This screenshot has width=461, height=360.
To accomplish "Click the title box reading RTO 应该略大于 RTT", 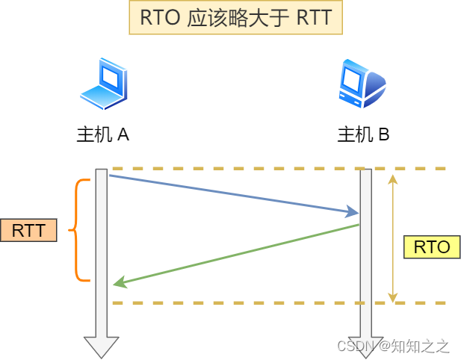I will tap(235, 18).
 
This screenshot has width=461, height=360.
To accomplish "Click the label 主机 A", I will tap(103, 135).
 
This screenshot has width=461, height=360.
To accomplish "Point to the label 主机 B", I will tap(363, 135).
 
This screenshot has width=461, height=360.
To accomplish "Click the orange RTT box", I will tap(29, 230).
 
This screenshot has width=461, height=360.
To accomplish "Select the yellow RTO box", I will tap(431, 246).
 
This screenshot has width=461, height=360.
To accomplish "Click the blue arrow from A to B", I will tap(232, 194).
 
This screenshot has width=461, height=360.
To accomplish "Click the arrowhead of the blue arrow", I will tap(354, 213).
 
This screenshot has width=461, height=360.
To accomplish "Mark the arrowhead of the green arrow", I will tap(118, 283).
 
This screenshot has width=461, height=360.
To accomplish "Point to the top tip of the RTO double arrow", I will tap(393, 177).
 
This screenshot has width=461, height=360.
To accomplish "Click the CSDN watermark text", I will tap(393, 346).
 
